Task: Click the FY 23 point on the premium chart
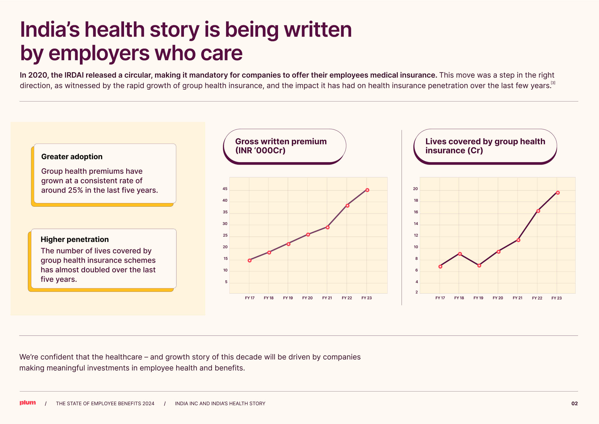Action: tap(367, 190)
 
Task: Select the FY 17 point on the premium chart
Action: tap(249, 260)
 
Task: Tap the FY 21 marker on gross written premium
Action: tap(328, 228)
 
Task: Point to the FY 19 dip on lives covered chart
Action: tap(479, 265)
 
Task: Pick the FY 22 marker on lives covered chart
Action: tap(538, 211)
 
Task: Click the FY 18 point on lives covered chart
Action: tap(460, 254)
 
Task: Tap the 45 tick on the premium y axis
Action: tap(225, 189)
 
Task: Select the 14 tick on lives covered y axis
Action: tap(416, 224)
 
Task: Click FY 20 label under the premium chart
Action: tap(307, 298)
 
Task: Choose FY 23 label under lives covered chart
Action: tap(557, 298)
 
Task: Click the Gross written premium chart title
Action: tap(281, 146)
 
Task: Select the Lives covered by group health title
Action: tap(485, 146)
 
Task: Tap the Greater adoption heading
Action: tap(72, 156)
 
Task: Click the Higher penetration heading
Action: tap(75, 239)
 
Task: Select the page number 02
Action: tap(575, 403)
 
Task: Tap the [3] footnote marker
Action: tap(553, 83)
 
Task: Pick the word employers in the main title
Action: tap(99, 53)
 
